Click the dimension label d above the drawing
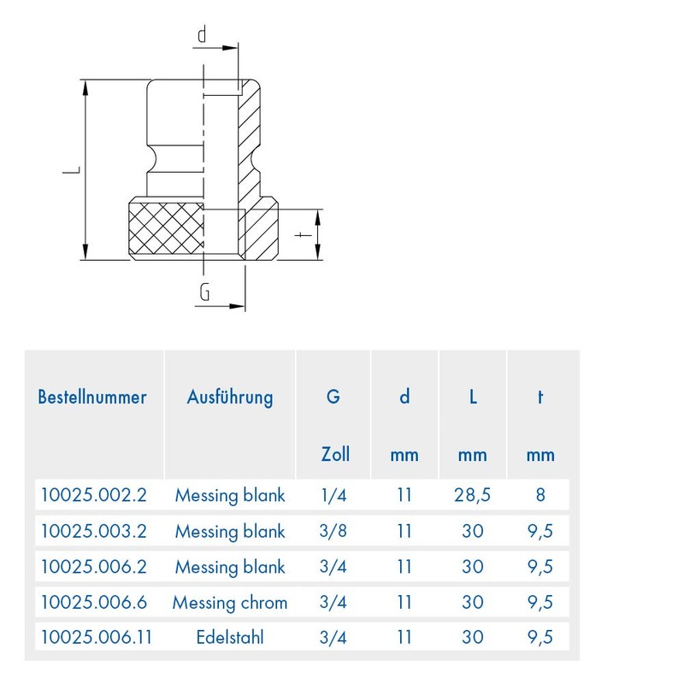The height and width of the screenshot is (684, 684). pos(203,35)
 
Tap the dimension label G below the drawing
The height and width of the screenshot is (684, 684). pos(204,292)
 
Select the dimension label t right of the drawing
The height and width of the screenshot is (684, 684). pos(300,234)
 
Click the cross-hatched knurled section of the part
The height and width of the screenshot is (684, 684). pos(165,229)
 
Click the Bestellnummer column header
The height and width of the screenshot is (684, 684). pos(92,397)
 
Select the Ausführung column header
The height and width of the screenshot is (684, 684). pos(230,397)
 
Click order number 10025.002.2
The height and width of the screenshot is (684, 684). pos(93,494)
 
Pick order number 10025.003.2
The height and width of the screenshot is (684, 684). pos(93,531)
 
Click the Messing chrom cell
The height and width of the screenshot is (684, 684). pos(230,602)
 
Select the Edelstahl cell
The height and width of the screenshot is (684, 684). pos(230,637)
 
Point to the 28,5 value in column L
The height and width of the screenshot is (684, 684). pos(472,494)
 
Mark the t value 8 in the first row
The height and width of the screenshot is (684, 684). pos(540,494)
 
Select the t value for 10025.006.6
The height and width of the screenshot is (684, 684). pos(540,602)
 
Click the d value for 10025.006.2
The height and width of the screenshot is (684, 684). pos(404,566)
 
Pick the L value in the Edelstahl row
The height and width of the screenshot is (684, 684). pos(472,637)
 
